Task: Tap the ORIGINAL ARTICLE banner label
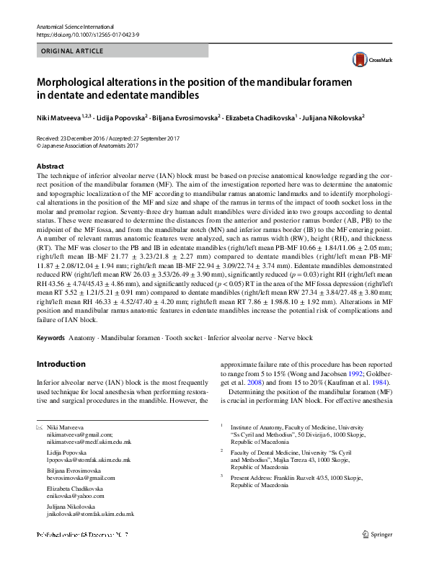point(71,52)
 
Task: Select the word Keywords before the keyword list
point(53,337)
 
